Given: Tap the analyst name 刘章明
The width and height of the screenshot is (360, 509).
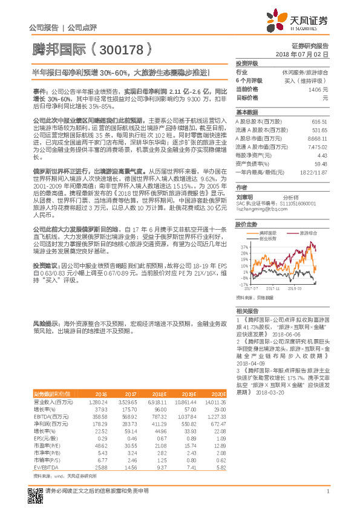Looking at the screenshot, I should tap(244, 197).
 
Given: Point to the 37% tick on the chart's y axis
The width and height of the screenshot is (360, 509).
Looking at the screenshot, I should tap(244, 247).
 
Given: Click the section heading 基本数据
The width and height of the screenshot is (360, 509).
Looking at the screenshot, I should tap(246, 112).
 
